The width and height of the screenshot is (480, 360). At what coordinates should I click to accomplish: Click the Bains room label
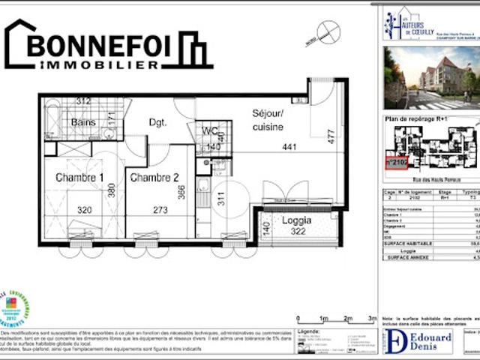click(82, 122)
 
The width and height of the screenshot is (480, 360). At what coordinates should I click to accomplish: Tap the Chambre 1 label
click(79, 178)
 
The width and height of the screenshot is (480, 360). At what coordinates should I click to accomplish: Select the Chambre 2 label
click(154, 178)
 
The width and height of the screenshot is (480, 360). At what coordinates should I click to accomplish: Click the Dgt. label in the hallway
click(157, 122)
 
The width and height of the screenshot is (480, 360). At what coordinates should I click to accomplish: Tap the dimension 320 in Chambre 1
click(84, 210)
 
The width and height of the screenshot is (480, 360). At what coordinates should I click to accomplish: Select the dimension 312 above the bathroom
click(82, 101)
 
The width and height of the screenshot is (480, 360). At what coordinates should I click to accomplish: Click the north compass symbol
click(328, 32)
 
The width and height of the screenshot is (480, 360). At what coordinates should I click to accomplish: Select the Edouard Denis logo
click(418, 340)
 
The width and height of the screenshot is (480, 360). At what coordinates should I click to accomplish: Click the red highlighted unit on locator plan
click(396, 161)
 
